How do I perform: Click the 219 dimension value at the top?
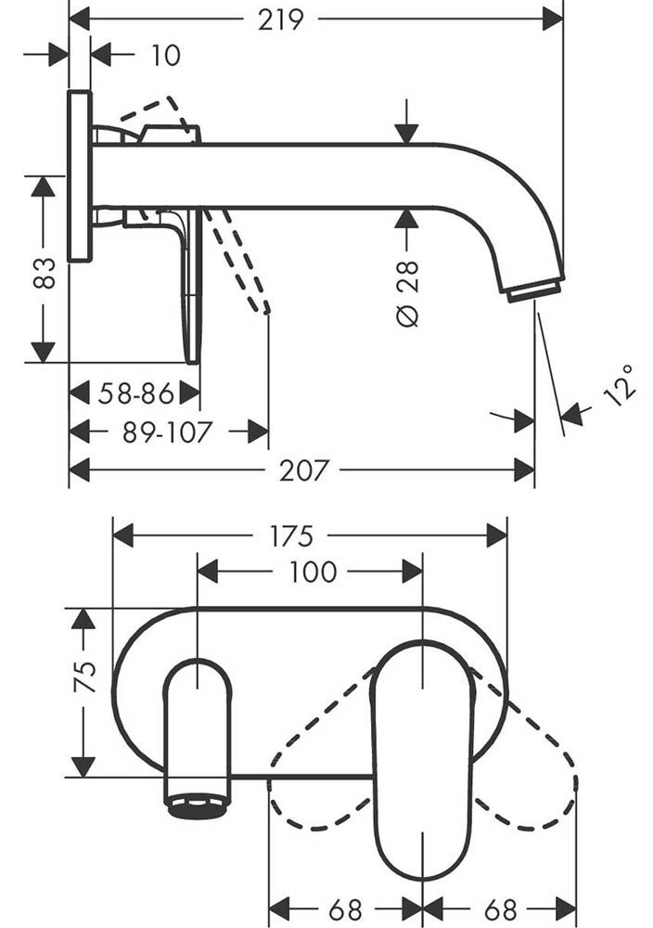point(281,19)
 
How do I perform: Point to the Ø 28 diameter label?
point(407,292)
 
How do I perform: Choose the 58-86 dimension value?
point(135,394)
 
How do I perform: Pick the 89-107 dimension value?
point(167,432)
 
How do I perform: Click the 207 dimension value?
point(303,470)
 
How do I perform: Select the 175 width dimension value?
point(291,536)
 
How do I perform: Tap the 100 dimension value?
point(312,573)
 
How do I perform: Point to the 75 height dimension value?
point(85,677)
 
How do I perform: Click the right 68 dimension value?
point(500,909)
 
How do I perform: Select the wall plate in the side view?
point(80,176)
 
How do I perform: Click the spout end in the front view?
point(197,804)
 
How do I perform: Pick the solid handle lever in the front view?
point(422,761)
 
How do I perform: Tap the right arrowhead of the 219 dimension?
point(553,19)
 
